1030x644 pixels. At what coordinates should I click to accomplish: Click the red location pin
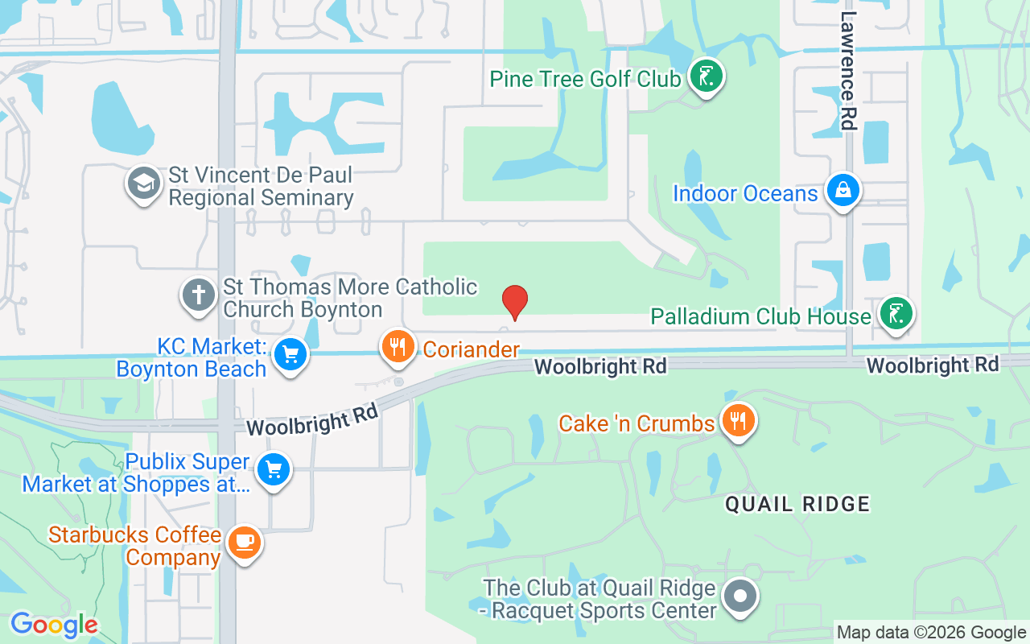[x=514, y=302]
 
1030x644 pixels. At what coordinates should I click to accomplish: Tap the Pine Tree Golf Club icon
[x=707, y=78]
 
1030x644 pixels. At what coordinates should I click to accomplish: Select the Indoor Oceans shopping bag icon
[x=842, y=191]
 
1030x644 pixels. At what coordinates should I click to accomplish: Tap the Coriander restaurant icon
[x=397, y=347]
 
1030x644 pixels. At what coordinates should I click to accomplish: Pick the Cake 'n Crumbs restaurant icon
[x=737, y=420]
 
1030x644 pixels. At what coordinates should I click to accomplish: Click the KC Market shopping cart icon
[x=290, y=354]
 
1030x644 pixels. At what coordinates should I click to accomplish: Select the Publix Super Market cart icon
[x=273, y=470]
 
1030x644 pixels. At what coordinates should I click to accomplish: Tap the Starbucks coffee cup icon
[x=243, y=543]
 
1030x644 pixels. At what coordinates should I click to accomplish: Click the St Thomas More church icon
[x=198, y=295]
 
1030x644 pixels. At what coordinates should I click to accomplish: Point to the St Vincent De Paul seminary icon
[x=144, y=184]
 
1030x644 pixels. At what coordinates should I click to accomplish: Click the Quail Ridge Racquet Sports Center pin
[x=740, y=597]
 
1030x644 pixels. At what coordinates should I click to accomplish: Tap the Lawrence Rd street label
[x=848, y=70]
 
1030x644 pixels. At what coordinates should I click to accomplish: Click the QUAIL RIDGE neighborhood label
[x=797, y=505]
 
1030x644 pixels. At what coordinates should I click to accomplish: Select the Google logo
[x=54, y=624]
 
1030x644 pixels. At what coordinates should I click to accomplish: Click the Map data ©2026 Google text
[x=930, y=633]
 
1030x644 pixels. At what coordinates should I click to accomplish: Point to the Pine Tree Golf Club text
[x=585, y=80]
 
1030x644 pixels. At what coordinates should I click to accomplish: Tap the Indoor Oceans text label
[x=744, y=194]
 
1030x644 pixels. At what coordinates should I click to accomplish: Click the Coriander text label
[x=471, y=349]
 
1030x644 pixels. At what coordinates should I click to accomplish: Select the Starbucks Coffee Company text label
[x=135, y=546]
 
